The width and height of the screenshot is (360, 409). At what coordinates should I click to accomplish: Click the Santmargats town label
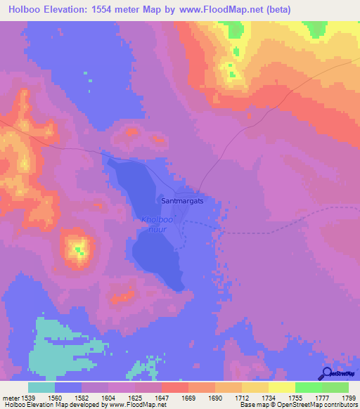coord(182,200)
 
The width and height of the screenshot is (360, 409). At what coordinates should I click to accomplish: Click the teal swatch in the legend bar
coord(41,387)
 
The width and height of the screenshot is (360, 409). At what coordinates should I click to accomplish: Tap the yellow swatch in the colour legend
coord(281,387)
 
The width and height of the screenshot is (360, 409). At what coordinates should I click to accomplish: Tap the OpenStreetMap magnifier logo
coord(326,374)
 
